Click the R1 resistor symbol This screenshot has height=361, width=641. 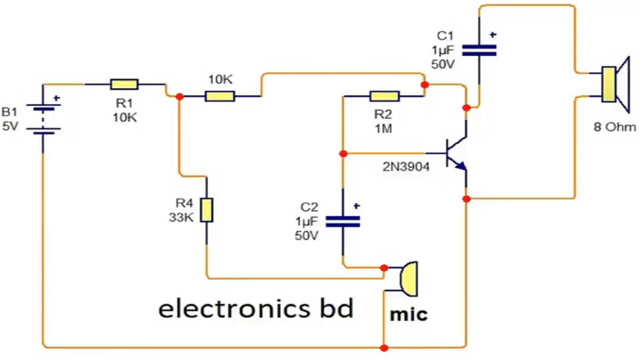pyautogui.click(x=124, y=84)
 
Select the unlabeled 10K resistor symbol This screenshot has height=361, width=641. pyautogui.click(x=219, y=96)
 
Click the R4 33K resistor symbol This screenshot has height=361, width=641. pyautogui.click(x=206, y=210)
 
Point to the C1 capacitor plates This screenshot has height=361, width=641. pyautogui.click(x=479, y=49)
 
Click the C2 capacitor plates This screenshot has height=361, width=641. pyautogui.click(x=343, y=222)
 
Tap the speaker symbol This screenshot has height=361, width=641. pyautogui.click(x=614, y=84)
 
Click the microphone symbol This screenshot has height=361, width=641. pyautogui.click(x=408, y=278)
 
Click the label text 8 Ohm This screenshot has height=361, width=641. pyautogui.click(x=614, y=127)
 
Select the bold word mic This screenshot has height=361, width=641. pyautogui.click(x=409, y=314)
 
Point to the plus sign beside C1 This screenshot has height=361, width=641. pyautogui.click(x=493, y=35)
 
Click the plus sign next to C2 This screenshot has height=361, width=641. pyautogui.click(x=357, y=206)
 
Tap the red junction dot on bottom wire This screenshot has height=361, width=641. pyautogui.click(x=384, y=347)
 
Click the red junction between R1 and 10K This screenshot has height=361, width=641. pyautogui.click(x=179, y=96)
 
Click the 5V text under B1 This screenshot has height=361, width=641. pyautogui.click(x=10, y=127)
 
